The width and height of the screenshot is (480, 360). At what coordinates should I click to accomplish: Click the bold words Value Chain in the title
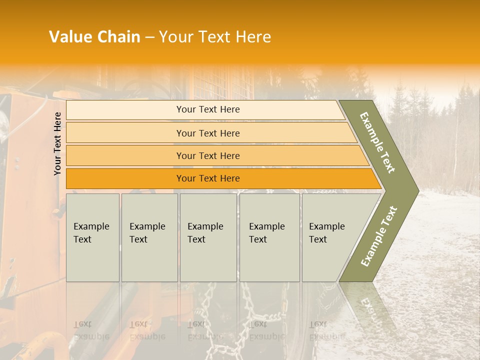[x=94, y=37]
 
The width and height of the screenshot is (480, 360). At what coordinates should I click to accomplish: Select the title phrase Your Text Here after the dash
[x=215, y=37]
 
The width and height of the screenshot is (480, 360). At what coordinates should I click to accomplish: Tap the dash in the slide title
[x=149, y=37]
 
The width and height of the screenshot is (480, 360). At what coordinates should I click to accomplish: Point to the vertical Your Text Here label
[x=57, y=143]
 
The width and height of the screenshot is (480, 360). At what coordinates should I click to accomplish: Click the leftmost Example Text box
[x=92, y=237]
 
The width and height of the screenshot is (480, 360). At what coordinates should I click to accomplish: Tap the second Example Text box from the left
[x=149, y=237]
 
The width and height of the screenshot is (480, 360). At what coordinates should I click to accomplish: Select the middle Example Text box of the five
[x=208, y=237]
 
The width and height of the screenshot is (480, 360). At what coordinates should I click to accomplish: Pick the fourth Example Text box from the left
[x=269, y=237]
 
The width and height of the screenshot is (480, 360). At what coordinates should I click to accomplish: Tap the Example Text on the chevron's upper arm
[x=377, y=142]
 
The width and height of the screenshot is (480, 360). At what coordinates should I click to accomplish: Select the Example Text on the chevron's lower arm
[x=379, y=236]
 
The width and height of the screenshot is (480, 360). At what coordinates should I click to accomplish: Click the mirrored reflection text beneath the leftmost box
[x=91, y=330]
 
